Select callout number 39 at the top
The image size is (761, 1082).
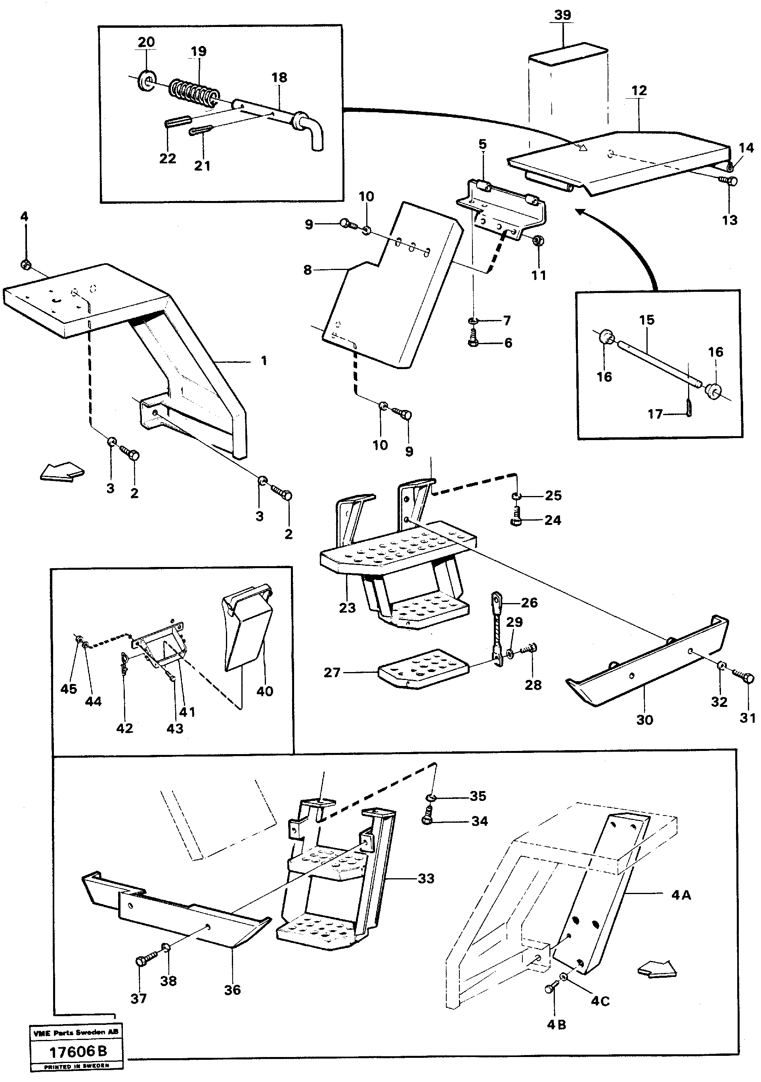tap(562, 15)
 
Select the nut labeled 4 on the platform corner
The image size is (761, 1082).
tap(27, 265)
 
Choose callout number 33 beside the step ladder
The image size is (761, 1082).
tap(426, 879)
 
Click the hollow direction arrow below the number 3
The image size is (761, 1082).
tap(62, 471)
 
